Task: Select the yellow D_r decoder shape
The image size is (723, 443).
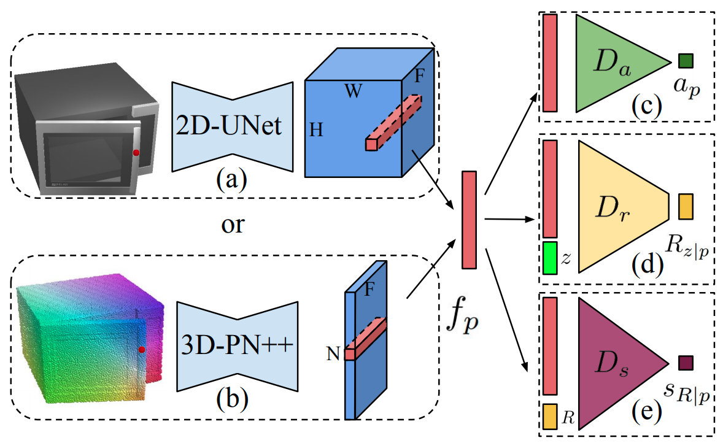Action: click(x=620, y=206)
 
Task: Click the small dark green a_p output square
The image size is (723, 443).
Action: click(x=686, y=61)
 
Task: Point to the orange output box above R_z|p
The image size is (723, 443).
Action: click(x=685, y=206)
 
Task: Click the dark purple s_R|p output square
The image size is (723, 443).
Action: click(x=686, y=363)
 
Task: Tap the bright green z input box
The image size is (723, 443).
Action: click(x=549, y=258)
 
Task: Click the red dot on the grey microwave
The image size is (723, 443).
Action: click(x=136, y=152)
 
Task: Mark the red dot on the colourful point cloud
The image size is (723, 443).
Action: click(x=142, y=349)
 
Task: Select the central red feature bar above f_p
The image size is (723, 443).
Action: click(x=469, y=220)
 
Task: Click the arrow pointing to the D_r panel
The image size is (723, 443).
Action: click(x=509, y=218)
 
